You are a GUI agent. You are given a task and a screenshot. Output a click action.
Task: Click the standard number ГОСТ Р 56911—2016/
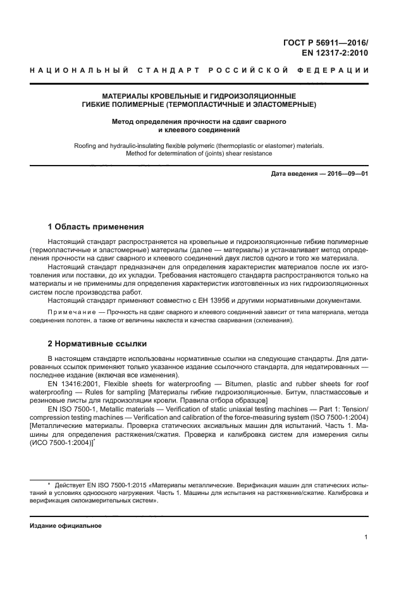point(326,42)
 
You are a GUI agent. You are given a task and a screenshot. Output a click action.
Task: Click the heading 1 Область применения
point(95,227)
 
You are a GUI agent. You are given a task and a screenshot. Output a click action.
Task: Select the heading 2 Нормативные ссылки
point(97,344)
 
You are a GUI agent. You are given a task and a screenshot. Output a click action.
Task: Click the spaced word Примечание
point(70,312)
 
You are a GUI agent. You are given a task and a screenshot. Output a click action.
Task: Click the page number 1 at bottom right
point(366,537)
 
